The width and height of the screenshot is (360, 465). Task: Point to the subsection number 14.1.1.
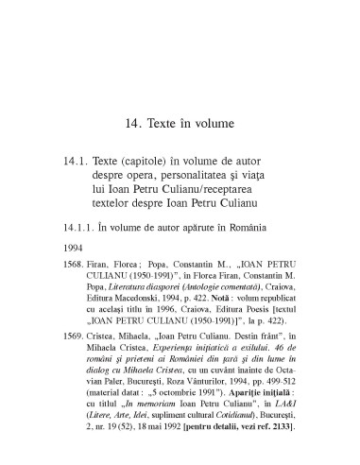tap(76, 228)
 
